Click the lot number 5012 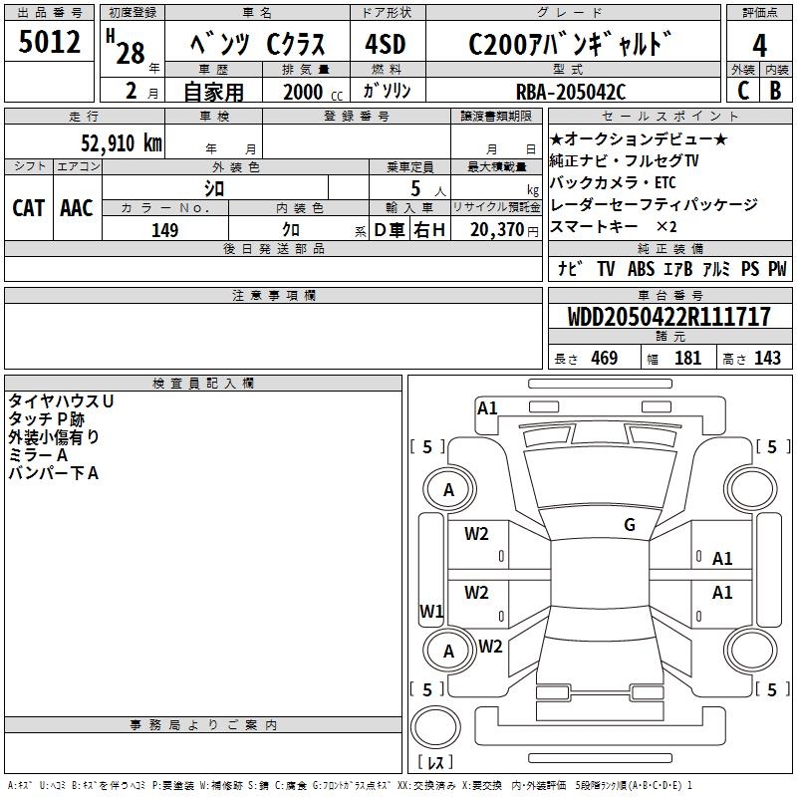[50, 44]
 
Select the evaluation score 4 [759, 46]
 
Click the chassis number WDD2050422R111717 [668, 318]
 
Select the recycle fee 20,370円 [495, 229]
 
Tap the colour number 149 [165, 230]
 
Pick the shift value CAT [28, 207]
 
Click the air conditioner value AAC [77, 207]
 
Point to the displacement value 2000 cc [310, 93]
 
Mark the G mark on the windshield [629, 525]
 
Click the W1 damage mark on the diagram [431, 611]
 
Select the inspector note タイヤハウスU [62, 400]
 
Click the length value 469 [604, 359]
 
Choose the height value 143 [767, 359]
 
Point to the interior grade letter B [775, 92]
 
